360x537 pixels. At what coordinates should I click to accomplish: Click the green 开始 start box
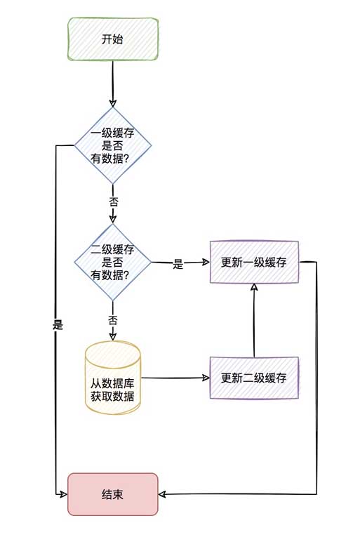click(x=112, y=39)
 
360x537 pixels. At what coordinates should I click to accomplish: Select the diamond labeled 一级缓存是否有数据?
click(x=112, y=146)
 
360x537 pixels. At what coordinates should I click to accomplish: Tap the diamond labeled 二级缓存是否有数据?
click(x=112, y=263)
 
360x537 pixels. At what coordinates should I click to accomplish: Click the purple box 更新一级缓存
click(x=254, y=263)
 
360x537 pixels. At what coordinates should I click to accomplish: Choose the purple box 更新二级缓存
click(x=254, y=378)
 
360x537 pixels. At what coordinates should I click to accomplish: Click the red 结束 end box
click(x=112, y=494)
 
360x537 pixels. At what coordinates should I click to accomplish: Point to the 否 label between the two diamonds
click(x=113, y=201)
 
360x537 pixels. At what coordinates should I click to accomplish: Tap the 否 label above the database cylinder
click(x=113, y=320)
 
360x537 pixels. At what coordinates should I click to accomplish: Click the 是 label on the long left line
click(x=58, y=325)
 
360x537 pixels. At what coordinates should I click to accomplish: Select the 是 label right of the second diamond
click(x=178, y=265)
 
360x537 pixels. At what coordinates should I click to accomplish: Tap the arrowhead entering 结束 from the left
click(x=63, y=494)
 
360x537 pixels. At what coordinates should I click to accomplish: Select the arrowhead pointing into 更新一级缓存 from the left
click(x=206, y=263)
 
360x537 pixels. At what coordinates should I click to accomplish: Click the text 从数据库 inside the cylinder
click(x=112, y=384)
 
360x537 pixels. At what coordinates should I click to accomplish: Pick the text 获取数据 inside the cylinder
click(x=112, y=398)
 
